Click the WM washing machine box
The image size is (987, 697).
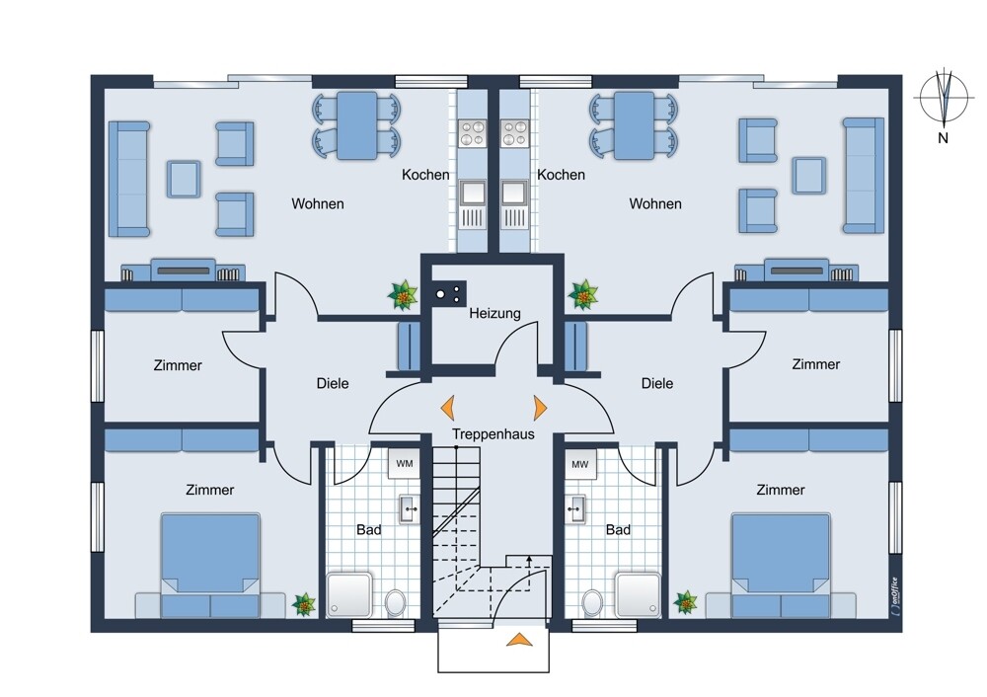[x=404, y=464]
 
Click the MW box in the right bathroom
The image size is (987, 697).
[x=580, y=465]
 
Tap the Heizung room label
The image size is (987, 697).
[x=494, y=313]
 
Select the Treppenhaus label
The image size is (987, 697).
[x=493, y=433]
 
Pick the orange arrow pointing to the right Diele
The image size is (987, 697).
[x=540, y=408]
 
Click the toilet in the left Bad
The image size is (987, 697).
[x=396, y=602]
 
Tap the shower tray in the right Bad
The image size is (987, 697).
[x=639, y=594]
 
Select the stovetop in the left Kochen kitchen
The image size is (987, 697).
[x=472, y=133]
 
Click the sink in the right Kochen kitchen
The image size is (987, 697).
[x=514, y=194]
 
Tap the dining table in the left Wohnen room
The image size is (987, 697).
[x=357, y=125]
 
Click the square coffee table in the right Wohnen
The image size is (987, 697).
[x=809, y=175]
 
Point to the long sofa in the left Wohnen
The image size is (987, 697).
[x=129, y=180]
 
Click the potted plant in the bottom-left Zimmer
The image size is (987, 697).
[x=304, y=604]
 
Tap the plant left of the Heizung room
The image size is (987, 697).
[x=403, y=295]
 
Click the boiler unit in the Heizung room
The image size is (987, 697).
[x=449, y=293]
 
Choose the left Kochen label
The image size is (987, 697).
[x=425, y=175]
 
